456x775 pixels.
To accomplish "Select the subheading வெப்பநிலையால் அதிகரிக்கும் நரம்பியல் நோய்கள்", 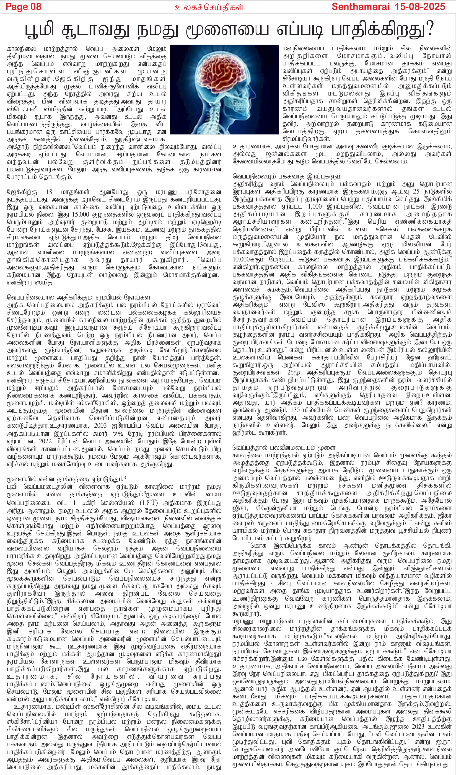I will coord(79,297).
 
